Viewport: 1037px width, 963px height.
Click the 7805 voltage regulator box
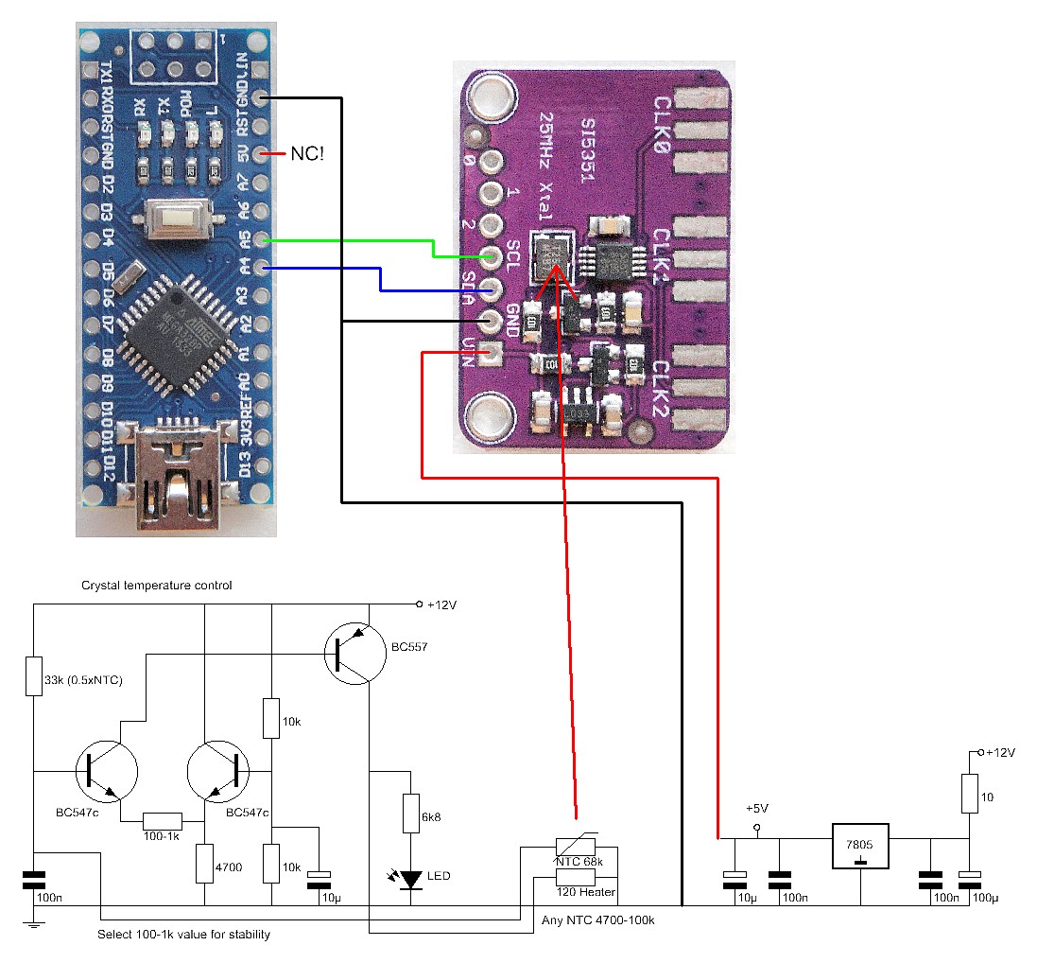pos(861,847)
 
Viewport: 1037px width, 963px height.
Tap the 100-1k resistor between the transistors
pos(163,820)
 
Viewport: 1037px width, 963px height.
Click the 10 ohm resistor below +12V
pos(970,795)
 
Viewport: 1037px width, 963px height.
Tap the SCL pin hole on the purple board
pos(490,255)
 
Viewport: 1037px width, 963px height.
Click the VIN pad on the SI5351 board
pos(490,355)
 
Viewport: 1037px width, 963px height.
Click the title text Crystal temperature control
pos(157,586)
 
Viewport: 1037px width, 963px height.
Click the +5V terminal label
pos(757,810)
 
